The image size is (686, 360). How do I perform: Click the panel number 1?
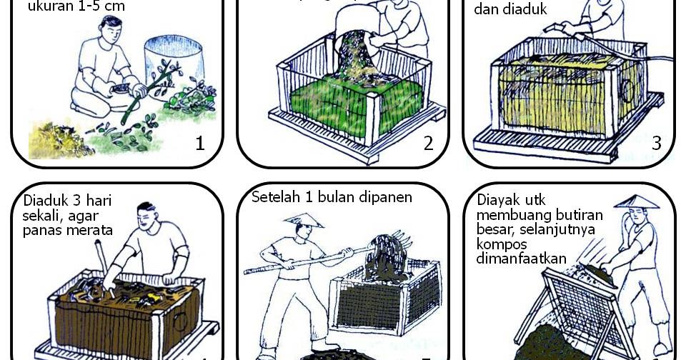[x=200, y=144]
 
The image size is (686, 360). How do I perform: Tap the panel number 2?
[x=428, y=144]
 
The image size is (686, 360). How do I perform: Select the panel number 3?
[x=656, y=144]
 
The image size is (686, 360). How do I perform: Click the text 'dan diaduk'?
[x=500, y=10]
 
